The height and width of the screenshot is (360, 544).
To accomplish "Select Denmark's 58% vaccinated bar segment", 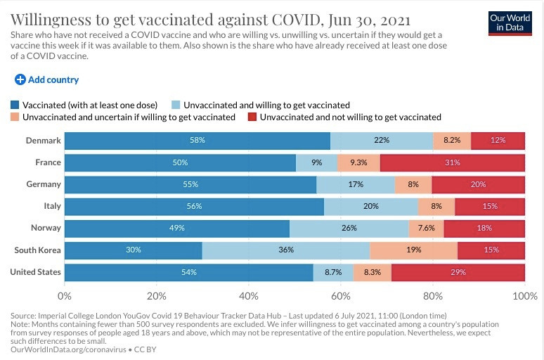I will tap(197, 141).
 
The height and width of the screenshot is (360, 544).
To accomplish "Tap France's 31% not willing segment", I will tap(452, 162).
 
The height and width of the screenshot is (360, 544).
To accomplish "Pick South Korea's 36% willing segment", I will tap(286, 250).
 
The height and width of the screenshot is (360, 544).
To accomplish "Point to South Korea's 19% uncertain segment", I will tap(413, 250).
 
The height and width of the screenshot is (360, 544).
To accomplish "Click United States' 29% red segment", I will tap(458, 271).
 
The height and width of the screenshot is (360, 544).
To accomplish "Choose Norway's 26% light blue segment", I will tap(349, 228).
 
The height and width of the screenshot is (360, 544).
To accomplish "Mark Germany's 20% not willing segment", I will tap(478, 184).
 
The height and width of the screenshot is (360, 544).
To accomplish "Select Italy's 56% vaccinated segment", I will tap(194, 206).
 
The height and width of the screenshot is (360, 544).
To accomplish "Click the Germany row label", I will tap(44, 184).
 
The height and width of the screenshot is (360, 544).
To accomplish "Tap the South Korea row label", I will tap(36, 250).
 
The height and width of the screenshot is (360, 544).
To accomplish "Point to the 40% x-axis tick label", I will tap(249, 296).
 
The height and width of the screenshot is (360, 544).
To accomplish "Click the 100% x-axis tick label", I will tap(525, 296).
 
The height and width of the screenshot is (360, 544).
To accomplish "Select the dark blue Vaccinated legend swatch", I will tap(15, 105).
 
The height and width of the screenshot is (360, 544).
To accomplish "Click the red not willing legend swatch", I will tap(252, 117).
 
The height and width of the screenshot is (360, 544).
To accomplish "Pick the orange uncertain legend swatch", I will tap(15, 117).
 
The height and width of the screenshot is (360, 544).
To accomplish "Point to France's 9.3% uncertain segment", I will tap(358, 162).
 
